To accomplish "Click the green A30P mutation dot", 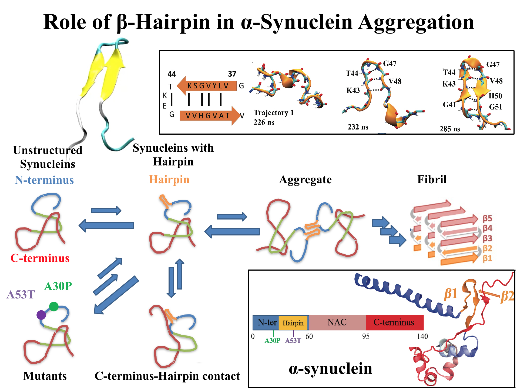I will pyautogui.click(x=54, y=307).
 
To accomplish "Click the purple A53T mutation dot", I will pyautogui.click(x=41, y=315).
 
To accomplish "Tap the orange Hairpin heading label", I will pyautogui.click(x=169, y=179).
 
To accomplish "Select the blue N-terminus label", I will pyautogui.click(x=44, y=180).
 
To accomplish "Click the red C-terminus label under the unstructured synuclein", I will pyautogui.click(x=40, y=258).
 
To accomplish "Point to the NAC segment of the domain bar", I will pyautogui.click(x=337, y=322).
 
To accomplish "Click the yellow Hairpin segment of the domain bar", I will pyautogui.click(x=293, y=323).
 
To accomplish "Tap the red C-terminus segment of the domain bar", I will pyautogui.click(x=394, y=322).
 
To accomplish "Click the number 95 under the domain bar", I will pyautogui.click(x=366, y=336).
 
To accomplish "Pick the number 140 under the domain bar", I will pyautogui.click(x=422, y=336).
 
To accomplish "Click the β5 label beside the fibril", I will pyautogui.click(x=487, y=218).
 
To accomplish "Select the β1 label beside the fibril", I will pyautogui.click(x=487, y=258).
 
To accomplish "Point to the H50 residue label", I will pyautogui.click(x=495, y=96).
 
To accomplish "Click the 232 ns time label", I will pyautogui.click(x=358, y=127).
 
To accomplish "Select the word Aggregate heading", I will pyautogui.click(x=305, y=179).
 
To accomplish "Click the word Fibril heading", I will pyautogui.click(x=432, y=179).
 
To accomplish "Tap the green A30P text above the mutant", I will pyautogui.click(x=58, y=286).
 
